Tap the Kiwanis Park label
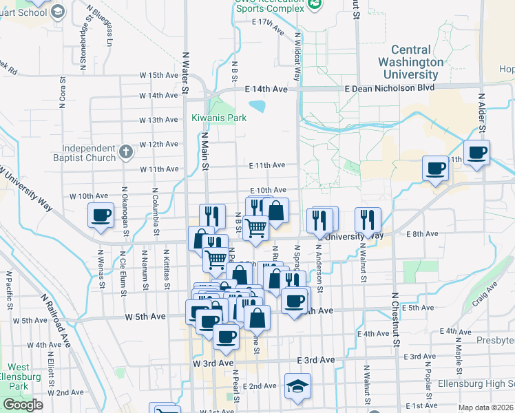219,118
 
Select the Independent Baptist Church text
89,153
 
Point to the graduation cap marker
298,386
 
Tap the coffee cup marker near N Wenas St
101,215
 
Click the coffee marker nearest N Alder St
476,152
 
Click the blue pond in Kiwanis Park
257,106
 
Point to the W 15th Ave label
159,75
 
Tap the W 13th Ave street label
158,120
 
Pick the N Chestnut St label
395,319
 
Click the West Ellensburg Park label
19,377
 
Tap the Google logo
23,405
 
